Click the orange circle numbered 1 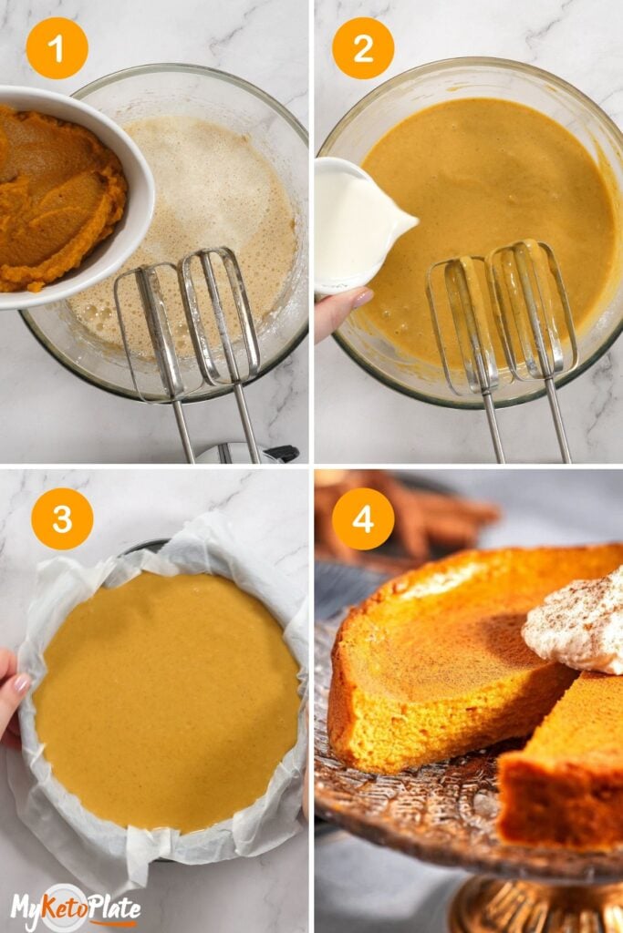(57, 48)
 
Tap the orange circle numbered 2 (363, 48)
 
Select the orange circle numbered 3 (62, 518)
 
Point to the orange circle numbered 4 (363, 518)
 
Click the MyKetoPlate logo (75, 907)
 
